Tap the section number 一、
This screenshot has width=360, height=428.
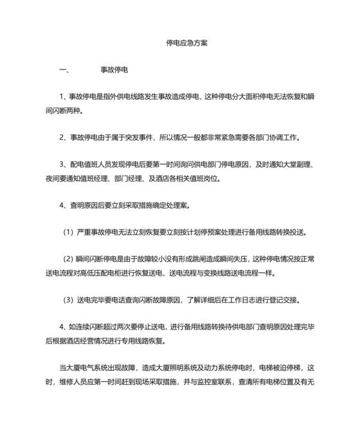[64, 68]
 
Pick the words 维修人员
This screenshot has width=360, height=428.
[71, 382]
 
